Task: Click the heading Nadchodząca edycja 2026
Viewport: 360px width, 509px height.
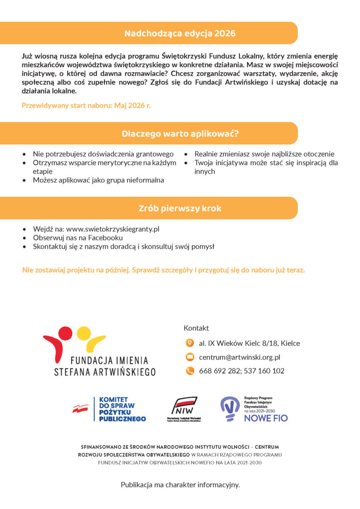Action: [x=180, y=34]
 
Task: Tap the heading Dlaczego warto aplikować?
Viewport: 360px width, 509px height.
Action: [x=180, y=134]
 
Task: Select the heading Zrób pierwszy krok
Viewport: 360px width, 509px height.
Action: [x=180, y=208]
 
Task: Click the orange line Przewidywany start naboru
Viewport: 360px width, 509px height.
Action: [x=86, y=105]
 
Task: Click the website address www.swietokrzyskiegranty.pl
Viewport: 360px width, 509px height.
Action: [x=112, y=229]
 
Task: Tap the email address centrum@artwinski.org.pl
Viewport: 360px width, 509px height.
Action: [x=240, y=357]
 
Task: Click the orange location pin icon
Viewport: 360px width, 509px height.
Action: [x=189, y=343]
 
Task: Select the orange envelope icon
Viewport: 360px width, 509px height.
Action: [x=189, y=357]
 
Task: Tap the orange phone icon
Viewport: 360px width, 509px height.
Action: [x=189, y=371]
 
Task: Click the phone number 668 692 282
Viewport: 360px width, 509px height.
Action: [x=219, y=371]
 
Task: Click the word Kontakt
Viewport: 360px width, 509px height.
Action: [x=196, y=328]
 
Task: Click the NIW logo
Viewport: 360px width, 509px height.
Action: [x=184, y=408]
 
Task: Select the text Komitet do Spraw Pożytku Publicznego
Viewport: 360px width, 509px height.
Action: [x=122, y=409]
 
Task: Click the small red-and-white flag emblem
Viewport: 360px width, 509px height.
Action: [x=81, y=409]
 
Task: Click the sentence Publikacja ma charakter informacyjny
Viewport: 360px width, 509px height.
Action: [x=180, y=484]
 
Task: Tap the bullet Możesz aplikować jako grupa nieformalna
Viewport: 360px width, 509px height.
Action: [x=98, y=180]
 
